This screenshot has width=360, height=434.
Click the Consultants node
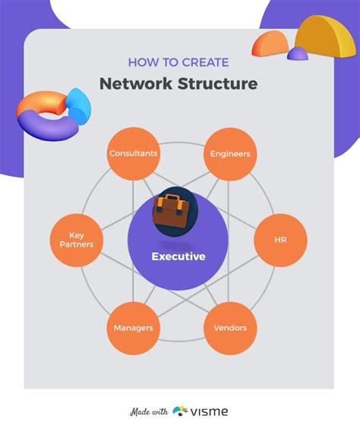point(133,154)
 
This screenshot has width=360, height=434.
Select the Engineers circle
point(230,154)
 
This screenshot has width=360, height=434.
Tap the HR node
point(280,241)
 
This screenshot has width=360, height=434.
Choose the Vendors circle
point(230,329)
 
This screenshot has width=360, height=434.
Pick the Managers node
point(133,329)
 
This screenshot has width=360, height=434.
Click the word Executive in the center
point(178,256)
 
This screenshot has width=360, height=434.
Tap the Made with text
point(149,412)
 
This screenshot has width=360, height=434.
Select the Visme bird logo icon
point(181,411)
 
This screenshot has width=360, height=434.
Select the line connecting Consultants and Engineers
point(182,143)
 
